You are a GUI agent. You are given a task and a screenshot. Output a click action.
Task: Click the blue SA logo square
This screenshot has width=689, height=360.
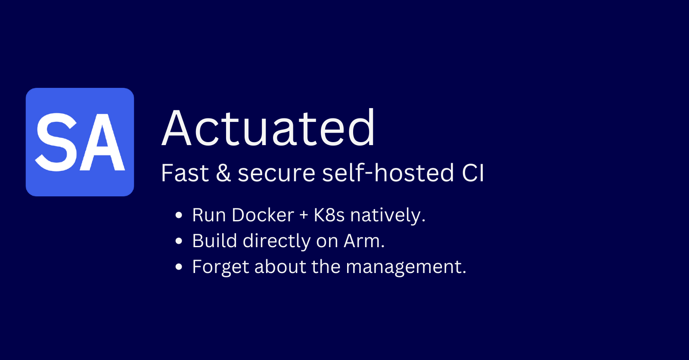(x=80, y=142)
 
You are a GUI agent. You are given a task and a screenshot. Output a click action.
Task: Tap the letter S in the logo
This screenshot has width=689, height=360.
(x=57, y=142)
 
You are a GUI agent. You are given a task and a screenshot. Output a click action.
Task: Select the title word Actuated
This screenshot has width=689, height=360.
(x=268, y=127)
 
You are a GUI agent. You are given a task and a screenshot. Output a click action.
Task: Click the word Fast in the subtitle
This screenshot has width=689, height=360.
(x=185, y=173)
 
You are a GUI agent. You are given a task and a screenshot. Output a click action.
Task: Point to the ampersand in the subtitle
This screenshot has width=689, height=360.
(x=223, y=173)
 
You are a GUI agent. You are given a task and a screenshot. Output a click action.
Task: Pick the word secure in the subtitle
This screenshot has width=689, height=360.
(x=276, y=174)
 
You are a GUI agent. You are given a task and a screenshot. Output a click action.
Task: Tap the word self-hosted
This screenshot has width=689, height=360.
(x=388, y=173)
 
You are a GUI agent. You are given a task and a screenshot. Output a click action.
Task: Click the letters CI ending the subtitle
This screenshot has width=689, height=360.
(x=473, y=173)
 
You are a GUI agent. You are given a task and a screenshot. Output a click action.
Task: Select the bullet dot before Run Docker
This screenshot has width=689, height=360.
(x=179, y=215)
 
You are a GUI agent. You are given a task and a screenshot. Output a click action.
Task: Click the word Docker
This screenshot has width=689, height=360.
(x=263, y=215)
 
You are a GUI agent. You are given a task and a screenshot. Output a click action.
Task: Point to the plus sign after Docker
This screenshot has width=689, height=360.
(x=304, y=215)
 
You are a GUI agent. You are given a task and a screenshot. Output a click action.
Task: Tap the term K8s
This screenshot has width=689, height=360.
(x=329, y=215)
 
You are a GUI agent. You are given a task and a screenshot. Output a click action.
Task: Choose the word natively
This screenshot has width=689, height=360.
(x=388, y=215)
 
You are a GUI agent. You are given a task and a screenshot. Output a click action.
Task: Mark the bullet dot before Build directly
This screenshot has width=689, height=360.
(x=179, y=241)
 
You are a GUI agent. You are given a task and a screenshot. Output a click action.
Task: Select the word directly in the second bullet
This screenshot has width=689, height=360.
(x=276, y=242)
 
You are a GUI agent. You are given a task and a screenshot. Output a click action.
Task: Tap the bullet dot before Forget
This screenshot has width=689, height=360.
(x=179, y=267)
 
